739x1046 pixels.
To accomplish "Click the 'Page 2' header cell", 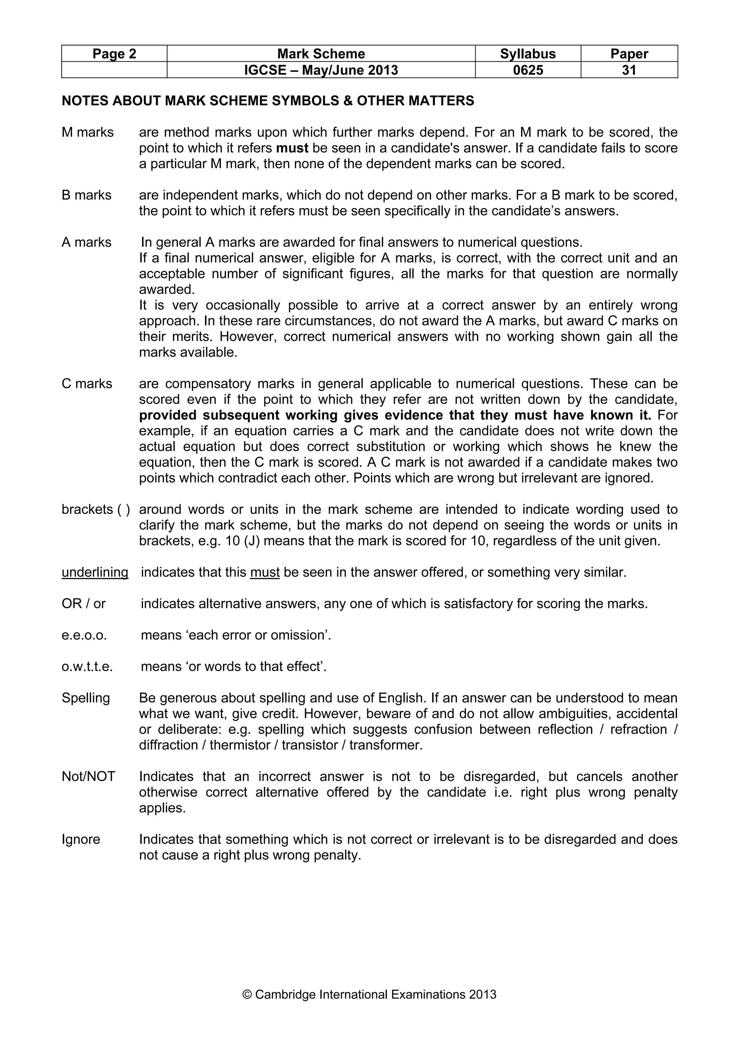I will (x=114, y=54).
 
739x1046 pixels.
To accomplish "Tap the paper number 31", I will (x=629, y=70).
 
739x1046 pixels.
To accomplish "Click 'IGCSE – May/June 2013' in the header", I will (x=321, y=70).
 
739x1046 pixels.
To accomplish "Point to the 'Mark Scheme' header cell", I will (x=321, y=54).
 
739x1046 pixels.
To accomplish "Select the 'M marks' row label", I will (x=87, y=132).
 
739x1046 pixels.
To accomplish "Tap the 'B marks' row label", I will (x=87, y=195).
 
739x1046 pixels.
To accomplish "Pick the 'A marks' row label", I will (x=87, y=242).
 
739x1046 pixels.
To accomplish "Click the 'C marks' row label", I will (x=87, y=384).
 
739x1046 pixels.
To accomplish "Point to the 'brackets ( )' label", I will (x=96, y=509).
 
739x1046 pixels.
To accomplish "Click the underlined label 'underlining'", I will (x=95, y=572).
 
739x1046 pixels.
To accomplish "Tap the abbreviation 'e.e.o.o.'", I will (x=84, y=635).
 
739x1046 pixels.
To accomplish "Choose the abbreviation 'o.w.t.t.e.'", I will (x=87, y=667).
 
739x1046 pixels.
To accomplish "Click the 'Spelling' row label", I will (x=86, y=698).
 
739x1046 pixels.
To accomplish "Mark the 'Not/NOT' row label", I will (x=88, y=776).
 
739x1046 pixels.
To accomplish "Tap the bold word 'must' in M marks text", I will (x=292, y=148).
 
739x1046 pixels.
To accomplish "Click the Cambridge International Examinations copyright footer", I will (x=369, y=994).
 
